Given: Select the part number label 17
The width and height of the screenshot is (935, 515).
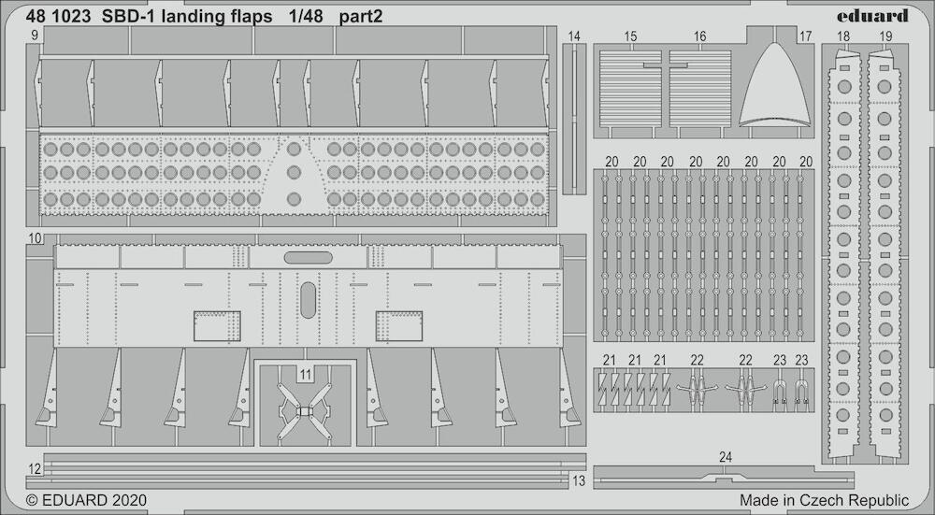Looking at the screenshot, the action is [x=805, y=36].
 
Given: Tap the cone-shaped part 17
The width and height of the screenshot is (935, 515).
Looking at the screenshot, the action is [x=774, y=85].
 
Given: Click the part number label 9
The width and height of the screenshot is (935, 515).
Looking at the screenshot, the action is [x=35, y=36].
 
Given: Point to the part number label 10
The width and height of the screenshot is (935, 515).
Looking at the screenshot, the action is [x=35, y=238].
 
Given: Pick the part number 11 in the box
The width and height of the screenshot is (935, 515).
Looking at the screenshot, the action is [x=306, y=374].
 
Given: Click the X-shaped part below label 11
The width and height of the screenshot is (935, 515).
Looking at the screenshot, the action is [x=305, y=411].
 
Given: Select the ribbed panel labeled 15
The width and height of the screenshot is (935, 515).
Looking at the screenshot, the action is [x=630, y=89].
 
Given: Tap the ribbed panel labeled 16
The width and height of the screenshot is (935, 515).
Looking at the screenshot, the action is [x=700, y=89].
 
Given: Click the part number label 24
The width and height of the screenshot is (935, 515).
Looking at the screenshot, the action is [x=726, y=457].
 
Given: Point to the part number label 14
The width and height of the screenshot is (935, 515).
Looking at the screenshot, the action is [x=574, y=36].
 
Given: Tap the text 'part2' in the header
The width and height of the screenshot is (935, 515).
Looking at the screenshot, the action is [x=361, y=17].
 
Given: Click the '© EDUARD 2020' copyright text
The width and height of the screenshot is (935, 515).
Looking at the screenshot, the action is [x=86, y=499].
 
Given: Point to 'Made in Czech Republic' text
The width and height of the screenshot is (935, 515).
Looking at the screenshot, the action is [x=824, y=499].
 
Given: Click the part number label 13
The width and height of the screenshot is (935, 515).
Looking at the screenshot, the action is [x=579, y=480].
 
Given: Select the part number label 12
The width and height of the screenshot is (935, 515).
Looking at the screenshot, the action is [x=35, y=468].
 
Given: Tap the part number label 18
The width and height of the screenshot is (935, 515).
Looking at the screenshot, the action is [x=843, y=36].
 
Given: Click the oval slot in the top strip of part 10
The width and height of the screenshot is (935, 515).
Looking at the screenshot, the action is [x=309, y=258].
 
